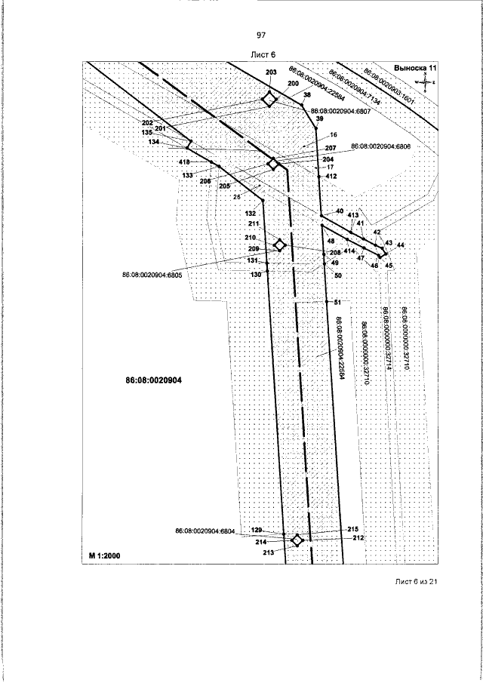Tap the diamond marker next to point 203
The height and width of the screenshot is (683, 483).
269,100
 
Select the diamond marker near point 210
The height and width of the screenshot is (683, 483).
279,245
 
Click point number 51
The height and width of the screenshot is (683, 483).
337,301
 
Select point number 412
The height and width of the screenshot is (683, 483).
331,175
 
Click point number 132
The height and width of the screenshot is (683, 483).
251,214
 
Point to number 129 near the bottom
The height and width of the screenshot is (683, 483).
256,531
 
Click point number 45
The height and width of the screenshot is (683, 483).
389,265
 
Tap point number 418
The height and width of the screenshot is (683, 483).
184,162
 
